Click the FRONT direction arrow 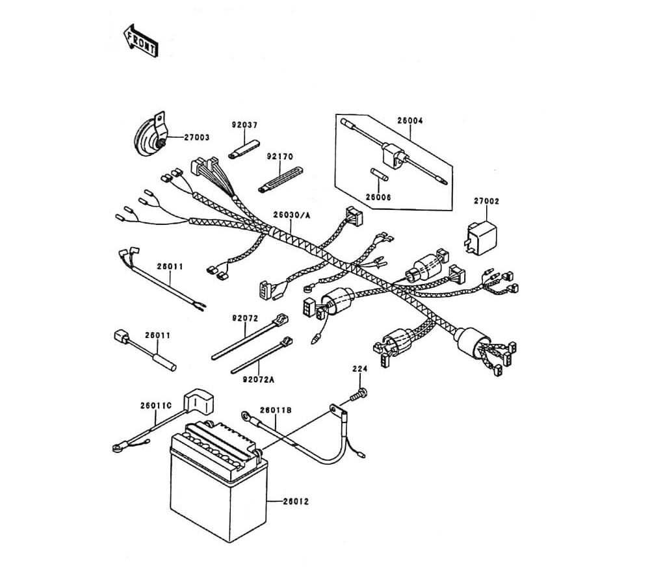pos(140,40)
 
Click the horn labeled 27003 pos(151,138)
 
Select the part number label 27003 pos(196,138)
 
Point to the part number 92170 pos(280,157)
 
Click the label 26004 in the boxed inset pos(410,120)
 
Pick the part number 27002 pos(486,202)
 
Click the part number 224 pos(360,369)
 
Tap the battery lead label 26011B pos(276,410)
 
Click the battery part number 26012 pos(296,501)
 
